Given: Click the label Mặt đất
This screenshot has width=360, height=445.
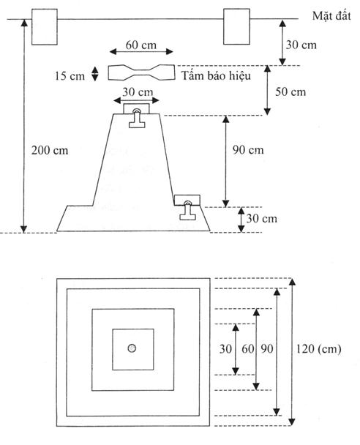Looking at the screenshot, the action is tap(331, 15).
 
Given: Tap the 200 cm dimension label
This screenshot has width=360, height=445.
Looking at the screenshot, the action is tap(50, 150).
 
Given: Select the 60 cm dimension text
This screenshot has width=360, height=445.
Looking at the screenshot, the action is tap(141, 45).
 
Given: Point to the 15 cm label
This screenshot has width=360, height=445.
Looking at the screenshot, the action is tap(70, 76).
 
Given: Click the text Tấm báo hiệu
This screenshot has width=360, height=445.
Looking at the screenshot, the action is tap(216, 76).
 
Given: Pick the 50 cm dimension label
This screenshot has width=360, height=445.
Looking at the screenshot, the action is tap(290, 91).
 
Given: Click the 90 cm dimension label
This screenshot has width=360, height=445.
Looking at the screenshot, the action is tap(248, 150).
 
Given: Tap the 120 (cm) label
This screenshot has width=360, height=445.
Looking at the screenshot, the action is tap(318, 349).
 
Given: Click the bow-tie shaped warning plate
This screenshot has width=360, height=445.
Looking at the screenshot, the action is tap(141, 72).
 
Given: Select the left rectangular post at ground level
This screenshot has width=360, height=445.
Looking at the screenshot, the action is tap(44, 27).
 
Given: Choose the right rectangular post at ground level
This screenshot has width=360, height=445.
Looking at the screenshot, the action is tap(236, 26).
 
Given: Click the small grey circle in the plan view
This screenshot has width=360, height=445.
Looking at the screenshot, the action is tap(132, 348).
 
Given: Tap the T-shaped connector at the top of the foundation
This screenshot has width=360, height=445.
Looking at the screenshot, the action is tap(137, 119).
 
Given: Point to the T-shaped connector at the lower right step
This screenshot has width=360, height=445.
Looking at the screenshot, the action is tap(188, 211).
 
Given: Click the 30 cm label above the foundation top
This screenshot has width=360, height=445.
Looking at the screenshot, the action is tap(138, 92).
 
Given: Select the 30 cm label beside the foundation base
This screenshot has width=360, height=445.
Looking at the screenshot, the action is tap(261, 219).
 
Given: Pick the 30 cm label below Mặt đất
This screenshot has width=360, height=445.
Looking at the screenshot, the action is tap(301, 45).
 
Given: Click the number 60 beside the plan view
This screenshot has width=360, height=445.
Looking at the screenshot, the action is tap(247, 349).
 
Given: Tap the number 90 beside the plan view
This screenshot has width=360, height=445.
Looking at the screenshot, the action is tap(267, 349).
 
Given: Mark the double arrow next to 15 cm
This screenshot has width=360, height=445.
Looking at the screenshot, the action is tap(94, 74).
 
